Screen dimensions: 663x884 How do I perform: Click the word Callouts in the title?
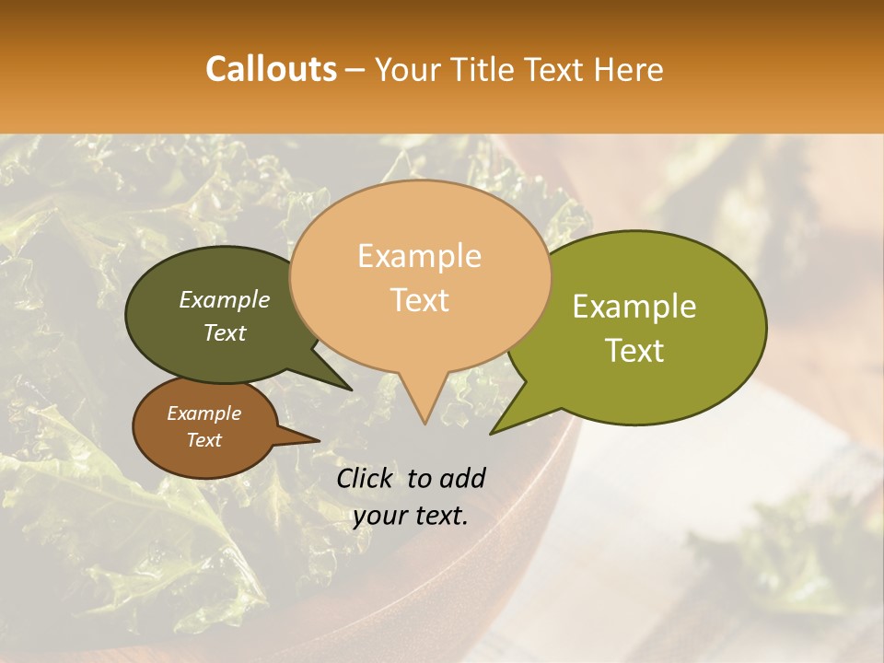point(271,69)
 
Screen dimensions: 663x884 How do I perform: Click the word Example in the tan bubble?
point(419,256)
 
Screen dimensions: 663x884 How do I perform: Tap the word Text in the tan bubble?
point(420,299)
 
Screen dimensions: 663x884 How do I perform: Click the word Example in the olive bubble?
point(634,307)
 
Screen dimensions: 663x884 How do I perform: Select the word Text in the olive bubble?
point(634,350)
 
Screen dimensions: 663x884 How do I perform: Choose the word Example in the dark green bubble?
point(224,299)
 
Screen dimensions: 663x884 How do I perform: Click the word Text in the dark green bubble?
point(224,332)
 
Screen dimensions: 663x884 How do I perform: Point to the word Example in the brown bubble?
point(204,413)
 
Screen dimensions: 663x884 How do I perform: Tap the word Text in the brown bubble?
point(204,440)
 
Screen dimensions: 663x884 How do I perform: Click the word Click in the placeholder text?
point(366,478)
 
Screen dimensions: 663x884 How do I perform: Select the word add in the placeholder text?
point(462,478)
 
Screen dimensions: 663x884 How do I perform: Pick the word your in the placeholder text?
point(379,516)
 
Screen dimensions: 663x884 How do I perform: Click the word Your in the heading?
point(405,69)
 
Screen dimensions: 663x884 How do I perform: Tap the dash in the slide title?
point(355,69)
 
